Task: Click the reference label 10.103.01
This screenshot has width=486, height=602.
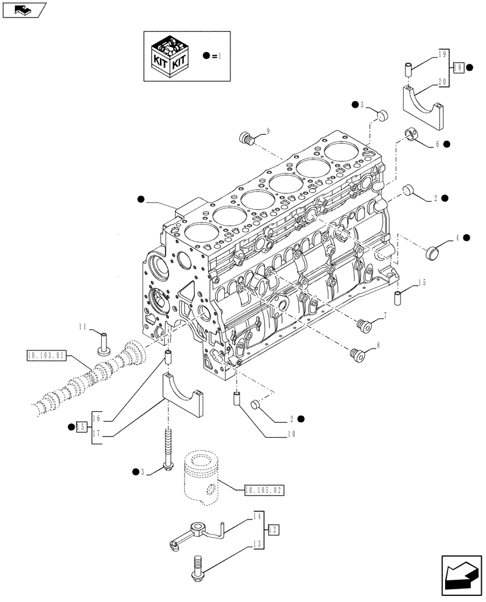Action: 46,356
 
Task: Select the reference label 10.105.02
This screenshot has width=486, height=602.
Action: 263,491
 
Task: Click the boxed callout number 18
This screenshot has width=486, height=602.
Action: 458,67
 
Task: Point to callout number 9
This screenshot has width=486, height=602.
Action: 268,131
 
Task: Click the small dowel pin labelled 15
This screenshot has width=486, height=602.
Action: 398,298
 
